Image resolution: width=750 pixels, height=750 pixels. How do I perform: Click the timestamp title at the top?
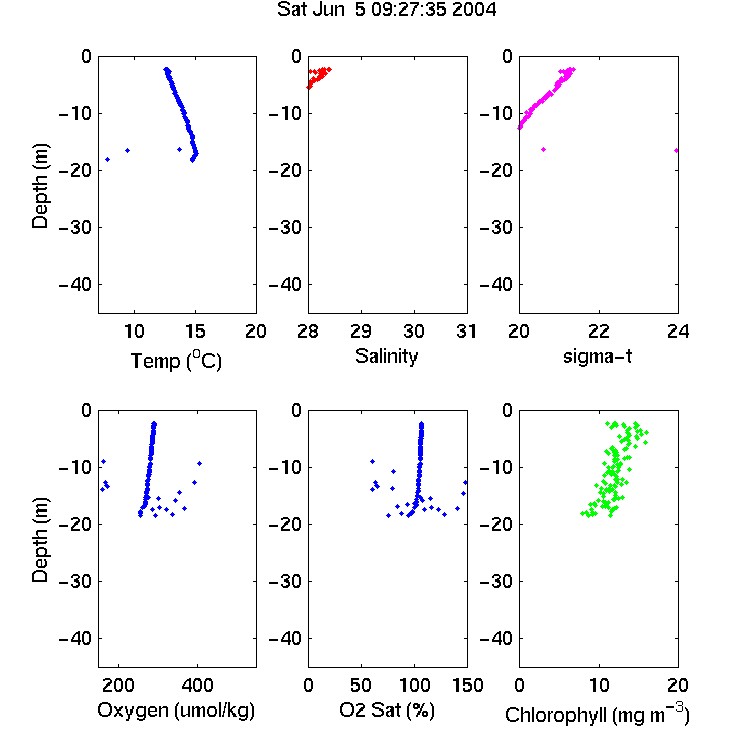click(386, 10)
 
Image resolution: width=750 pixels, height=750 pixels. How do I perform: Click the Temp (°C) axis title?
click(176, 360)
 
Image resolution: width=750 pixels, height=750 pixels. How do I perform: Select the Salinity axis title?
click(386, 356)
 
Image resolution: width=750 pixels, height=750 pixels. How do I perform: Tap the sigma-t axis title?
click(597, 356)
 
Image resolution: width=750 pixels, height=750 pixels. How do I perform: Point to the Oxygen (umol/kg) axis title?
click(176, 710)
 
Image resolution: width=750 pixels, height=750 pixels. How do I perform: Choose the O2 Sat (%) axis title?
click(386, 710)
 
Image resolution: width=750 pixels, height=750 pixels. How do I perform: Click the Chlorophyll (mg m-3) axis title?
click(597, 714)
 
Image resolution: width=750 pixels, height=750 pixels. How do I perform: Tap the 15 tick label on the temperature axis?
click(195, 331)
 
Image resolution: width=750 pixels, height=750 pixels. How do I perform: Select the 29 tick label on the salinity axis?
click(361, 331)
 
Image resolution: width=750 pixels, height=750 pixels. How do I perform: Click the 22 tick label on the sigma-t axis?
click(598, 331)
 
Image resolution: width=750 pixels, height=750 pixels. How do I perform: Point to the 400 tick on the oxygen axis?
click(197, 685)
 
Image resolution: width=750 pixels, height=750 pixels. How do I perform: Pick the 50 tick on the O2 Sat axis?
click(361, 685)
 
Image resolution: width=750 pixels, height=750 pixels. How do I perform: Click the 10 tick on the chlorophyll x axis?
click(598, 685)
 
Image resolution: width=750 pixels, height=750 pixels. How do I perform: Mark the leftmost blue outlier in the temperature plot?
click(108, 159)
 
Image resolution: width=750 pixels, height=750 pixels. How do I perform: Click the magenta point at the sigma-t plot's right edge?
click(676, 151)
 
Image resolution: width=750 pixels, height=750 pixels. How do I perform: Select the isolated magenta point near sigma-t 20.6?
click(543, 150)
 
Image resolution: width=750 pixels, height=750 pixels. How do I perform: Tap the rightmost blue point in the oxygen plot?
click(199, 463)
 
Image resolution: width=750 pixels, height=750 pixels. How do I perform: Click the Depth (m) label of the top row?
click(40, 186)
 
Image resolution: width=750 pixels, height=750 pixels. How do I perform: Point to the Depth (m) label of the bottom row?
click(40, 540)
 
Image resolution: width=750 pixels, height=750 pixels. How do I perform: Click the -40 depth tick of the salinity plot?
click(285, 285)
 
